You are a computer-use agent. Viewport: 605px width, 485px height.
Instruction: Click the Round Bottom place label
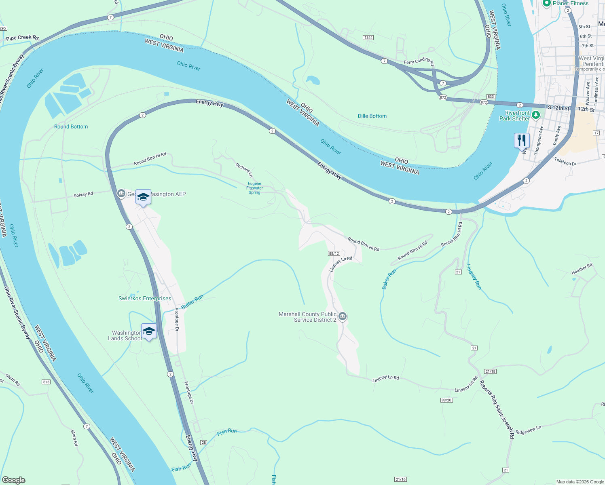71,127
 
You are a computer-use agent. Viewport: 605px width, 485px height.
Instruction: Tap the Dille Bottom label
372,116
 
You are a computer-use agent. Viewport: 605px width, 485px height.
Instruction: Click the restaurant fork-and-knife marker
522,141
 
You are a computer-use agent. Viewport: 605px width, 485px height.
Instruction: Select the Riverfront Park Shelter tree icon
536,115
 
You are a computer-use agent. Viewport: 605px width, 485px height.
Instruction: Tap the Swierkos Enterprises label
145,299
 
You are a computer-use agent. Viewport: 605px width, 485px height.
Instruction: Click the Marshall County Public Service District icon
343,316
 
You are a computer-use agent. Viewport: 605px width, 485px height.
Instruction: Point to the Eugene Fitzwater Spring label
254,188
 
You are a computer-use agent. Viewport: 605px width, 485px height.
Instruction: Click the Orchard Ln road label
244,170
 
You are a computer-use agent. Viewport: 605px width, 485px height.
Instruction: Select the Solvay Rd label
83,194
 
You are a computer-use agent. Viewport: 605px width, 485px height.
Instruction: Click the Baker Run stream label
389,279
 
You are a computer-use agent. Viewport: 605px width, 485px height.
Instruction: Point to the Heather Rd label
582,269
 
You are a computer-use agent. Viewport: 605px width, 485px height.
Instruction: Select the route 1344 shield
368,38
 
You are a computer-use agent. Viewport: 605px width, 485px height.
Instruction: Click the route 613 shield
46,382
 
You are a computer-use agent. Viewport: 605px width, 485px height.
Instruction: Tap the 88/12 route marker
334,253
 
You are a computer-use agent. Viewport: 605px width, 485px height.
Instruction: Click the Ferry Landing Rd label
419,61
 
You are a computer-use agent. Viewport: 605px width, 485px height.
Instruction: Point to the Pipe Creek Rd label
22,38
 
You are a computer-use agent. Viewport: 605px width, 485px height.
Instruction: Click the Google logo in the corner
14,480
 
